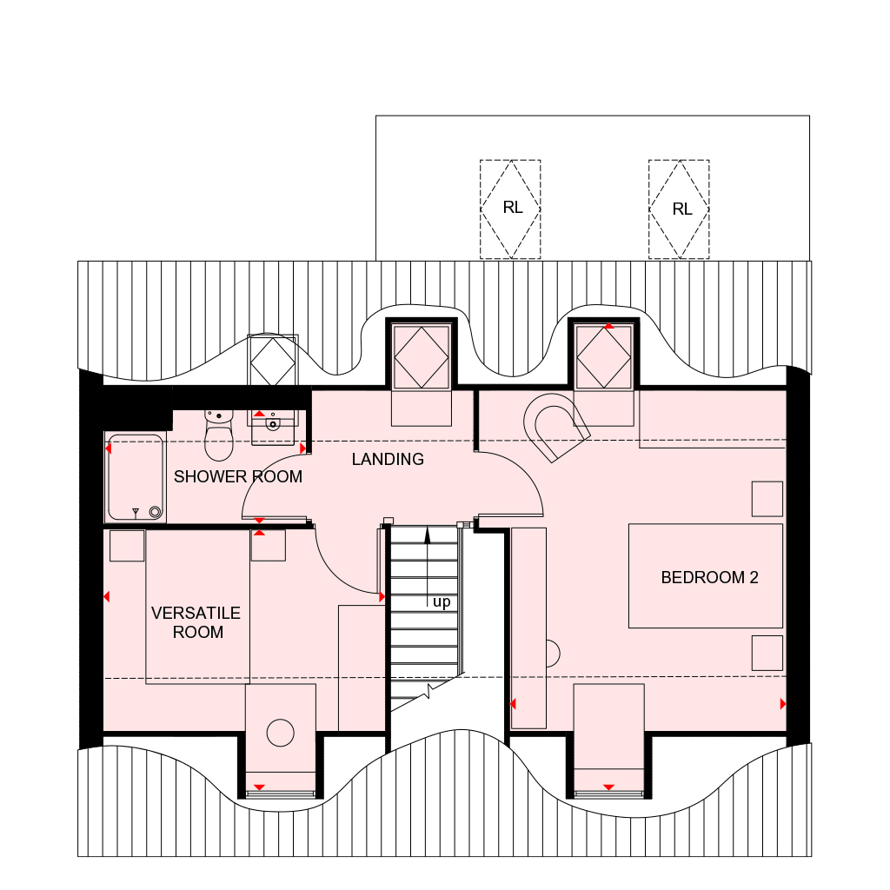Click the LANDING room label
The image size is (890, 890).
[x=388, y=459]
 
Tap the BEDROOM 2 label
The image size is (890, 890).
[x=709, y=578]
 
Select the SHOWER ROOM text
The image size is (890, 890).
[x=238, y=477]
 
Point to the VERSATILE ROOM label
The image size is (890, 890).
[x=196, y=622]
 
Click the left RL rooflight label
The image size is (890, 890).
[x=513, y=209]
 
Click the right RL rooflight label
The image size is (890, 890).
[x=681, y=209]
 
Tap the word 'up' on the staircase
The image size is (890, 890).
[x=442, y=602]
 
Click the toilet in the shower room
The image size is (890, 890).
[x=218, y=435]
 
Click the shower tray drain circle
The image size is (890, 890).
[x=155, y=512]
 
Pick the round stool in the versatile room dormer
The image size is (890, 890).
[x=281, y=732]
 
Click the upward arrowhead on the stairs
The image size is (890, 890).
[x=428, y=535]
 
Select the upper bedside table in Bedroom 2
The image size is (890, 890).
[x=767, y=499]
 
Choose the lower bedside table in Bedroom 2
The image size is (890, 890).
[x=767, y=654]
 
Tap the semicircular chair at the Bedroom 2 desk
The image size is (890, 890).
[x=553, y=654]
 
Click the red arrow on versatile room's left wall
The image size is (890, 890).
[x=106, y=596]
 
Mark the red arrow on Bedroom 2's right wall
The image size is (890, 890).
[x=783, y=704]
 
